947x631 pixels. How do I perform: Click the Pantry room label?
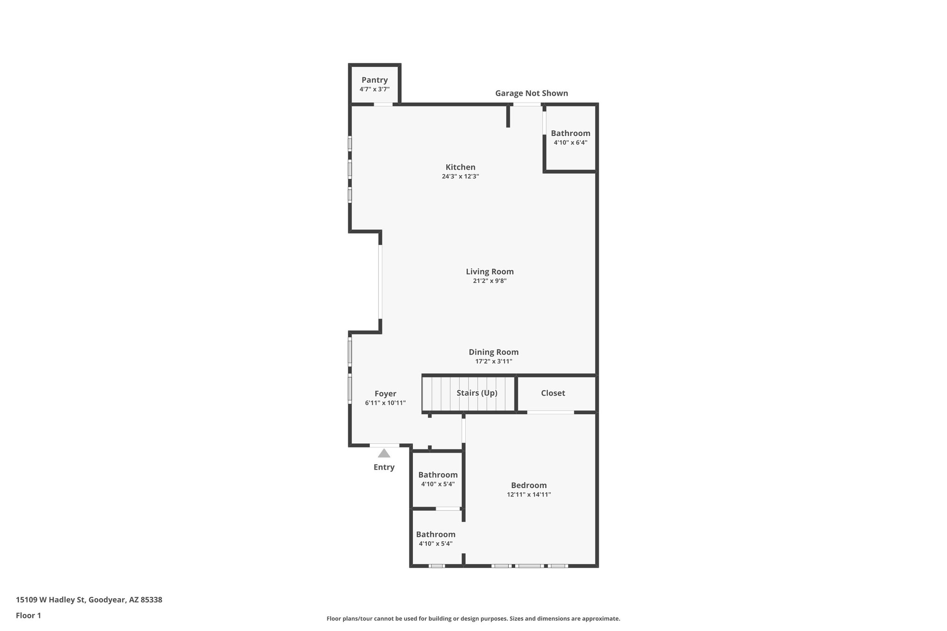[x=375, y=80]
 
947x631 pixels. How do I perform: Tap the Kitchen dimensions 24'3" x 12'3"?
[x=460, y=177]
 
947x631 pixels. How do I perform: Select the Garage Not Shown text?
[x=531, y=93]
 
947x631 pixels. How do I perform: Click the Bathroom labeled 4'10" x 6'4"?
[x=570, y=134]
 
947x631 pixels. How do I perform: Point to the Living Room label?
[x=490, y=272]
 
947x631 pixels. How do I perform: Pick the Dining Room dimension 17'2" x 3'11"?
[x=493, y=361]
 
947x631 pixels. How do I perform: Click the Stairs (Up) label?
[x=477, y=393]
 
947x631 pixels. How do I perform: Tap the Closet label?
[x=553, y=393]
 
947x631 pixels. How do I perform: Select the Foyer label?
[x=385, y=394]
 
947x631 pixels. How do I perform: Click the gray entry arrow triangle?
[x=384, y=453]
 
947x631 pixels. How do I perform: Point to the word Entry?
[x=384, y=467]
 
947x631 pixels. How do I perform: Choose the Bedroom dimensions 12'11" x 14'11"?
[x=529, y=495]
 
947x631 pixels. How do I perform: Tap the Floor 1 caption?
[x=28, y=616]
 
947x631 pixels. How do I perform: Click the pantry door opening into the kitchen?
[x=383, y=104]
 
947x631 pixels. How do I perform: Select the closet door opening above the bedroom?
[x=550, y=412]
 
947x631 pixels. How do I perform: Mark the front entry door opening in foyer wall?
[x=384, y=445]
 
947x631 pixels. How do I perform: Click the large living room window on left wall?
[x=380, y=282]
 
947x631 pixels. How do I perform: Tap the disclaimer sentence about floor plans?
[x=473, y=619]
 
